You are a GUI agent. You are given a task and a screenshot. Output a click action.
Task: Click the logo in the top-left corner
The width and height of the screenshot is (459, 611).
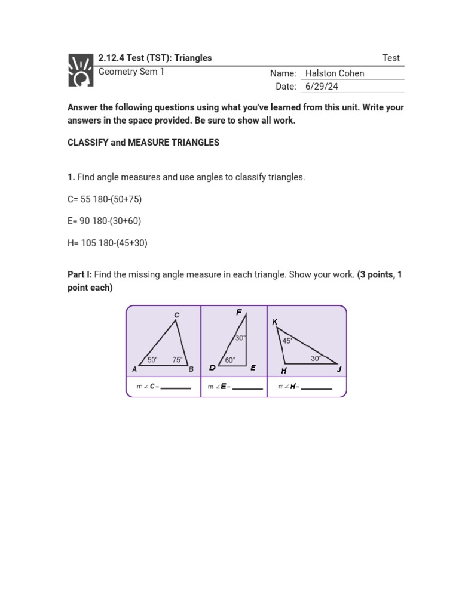(x=81, y=70)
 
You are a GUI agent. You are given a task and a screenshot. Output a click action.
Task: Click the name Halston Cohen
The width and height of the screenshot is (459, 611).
(x=334, y=73)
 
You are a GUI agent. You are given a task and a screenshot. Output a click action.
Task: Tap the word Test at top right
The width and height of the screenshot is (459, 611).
(x=391, y=58)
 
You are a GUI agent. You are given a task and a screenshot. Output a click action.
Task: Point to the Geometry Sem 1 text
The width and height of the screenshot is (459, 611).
(x=131, y=72)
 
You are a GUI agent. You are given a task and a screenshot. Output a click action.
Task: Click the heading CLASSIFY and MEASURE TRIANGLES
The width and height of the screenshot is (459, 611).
(x=143, y=143)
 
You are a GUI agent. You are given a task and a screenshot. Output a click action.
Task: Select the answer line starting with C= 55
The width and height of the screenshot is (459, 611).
(x=105, y=199)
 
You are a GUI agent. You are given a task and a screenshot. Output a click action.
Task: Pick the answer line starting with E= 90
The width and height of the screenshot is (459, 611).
(x=104, y=221)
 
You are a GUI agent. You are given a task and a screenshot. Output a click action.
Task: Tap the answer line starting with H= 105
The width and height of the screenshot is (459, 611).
(x=107, y=243)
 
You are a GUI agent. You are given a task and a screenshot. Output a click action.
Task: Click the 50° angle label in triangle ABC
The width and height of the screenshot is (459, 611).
(x=152, y=360)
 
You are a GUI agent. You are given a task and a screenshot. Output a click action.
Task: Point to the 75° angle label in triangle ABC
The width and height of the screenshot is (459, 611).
(x=178, y=360)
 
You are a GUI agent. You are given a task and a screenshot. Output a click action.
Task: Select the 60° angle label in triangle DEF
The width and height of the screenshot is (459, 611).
(x=230, y=360)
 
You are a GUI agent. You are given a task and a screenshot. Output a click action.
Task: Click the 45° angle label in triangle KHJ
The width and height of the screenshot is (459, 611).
(x=287, y=341)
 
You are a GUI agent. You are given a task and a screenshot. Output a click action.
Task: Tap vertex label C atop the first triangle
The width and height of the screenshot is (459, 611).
(x=176, y=314)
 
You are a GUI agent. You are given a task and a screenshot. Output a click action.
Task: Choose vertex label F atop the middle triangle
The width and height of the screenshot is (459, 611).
(x=239, y=312)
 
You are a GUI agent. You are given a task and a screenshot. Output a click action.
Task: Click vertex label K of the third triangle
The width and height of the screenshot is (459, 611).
(x=274, y=322)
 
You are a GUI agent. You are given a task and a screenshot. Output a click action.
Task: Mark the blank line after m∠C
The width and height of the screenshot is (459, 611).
(x=176, y=388)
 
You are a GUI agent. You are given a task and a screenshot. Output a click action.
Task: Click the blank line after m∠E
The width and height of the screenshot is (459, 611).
(x=247, y=388)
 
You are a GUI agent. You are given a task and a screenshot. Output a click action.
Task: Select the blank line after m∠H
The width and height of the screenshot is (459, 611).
(x=317, y=388)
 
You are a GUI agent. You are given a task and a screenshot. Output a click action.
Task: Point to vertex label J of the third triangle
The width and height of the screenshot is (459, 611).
(x=338, y=369)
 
